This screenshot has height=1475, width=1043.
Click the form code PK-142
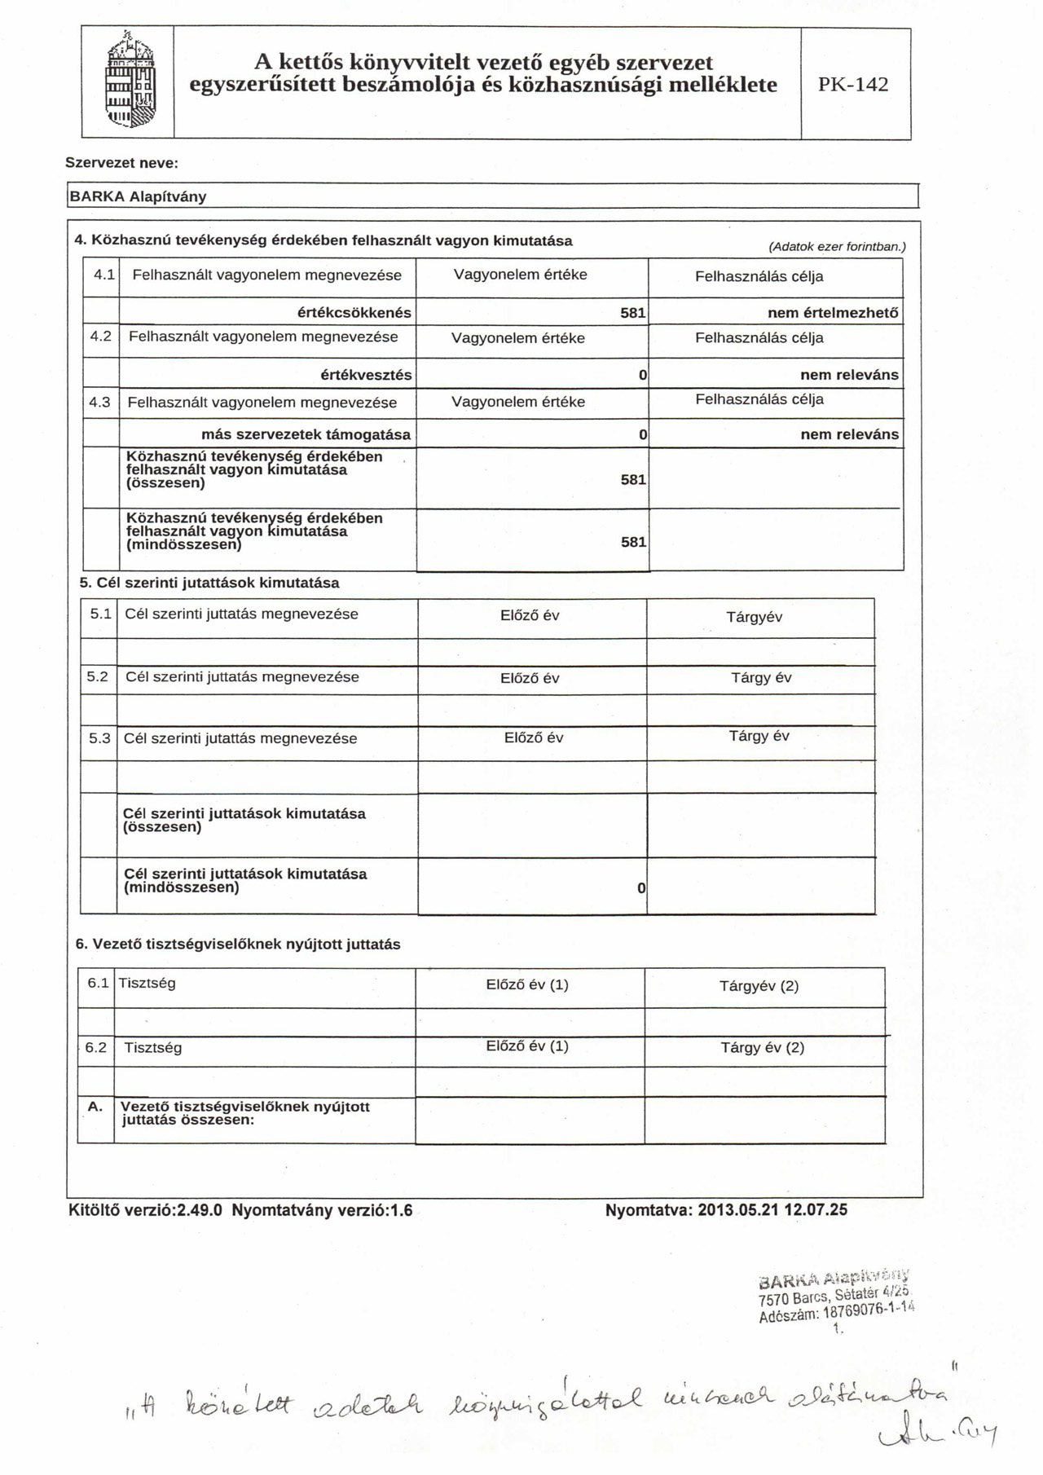853,85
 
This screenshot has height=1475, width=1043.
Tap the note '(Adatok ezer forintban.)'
837,246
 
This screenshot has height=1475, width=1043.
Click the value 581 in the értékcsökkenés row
633,313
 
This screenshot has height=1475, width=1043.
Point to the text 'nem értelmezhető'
833,313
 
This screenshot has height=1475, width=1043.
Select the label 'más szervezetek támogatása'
306,434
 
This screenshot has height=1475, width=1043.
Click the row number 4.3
102,402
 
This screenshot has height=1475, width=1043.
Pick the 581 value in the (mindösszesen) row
633,542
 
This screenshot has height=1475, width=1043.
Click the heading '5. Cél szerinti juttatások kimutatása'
209,583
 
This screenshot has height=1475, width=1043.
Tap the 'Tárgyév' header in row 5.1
754,617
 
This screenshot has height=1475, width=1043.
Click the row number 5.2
98,676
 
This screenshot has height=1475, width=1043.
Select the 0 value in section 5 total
641,887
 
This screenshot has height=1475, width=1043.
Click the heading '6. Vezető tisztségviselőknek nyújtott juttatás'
238,944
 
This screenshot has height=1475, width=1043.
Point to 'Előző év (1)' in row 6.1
527,984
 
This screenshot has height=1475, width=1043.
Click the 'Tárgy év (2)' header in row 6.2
762,1047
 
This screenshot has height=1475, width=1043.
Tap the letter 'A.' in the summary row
95,1107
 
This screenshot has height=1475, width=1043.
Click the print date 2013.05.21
738,1210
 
